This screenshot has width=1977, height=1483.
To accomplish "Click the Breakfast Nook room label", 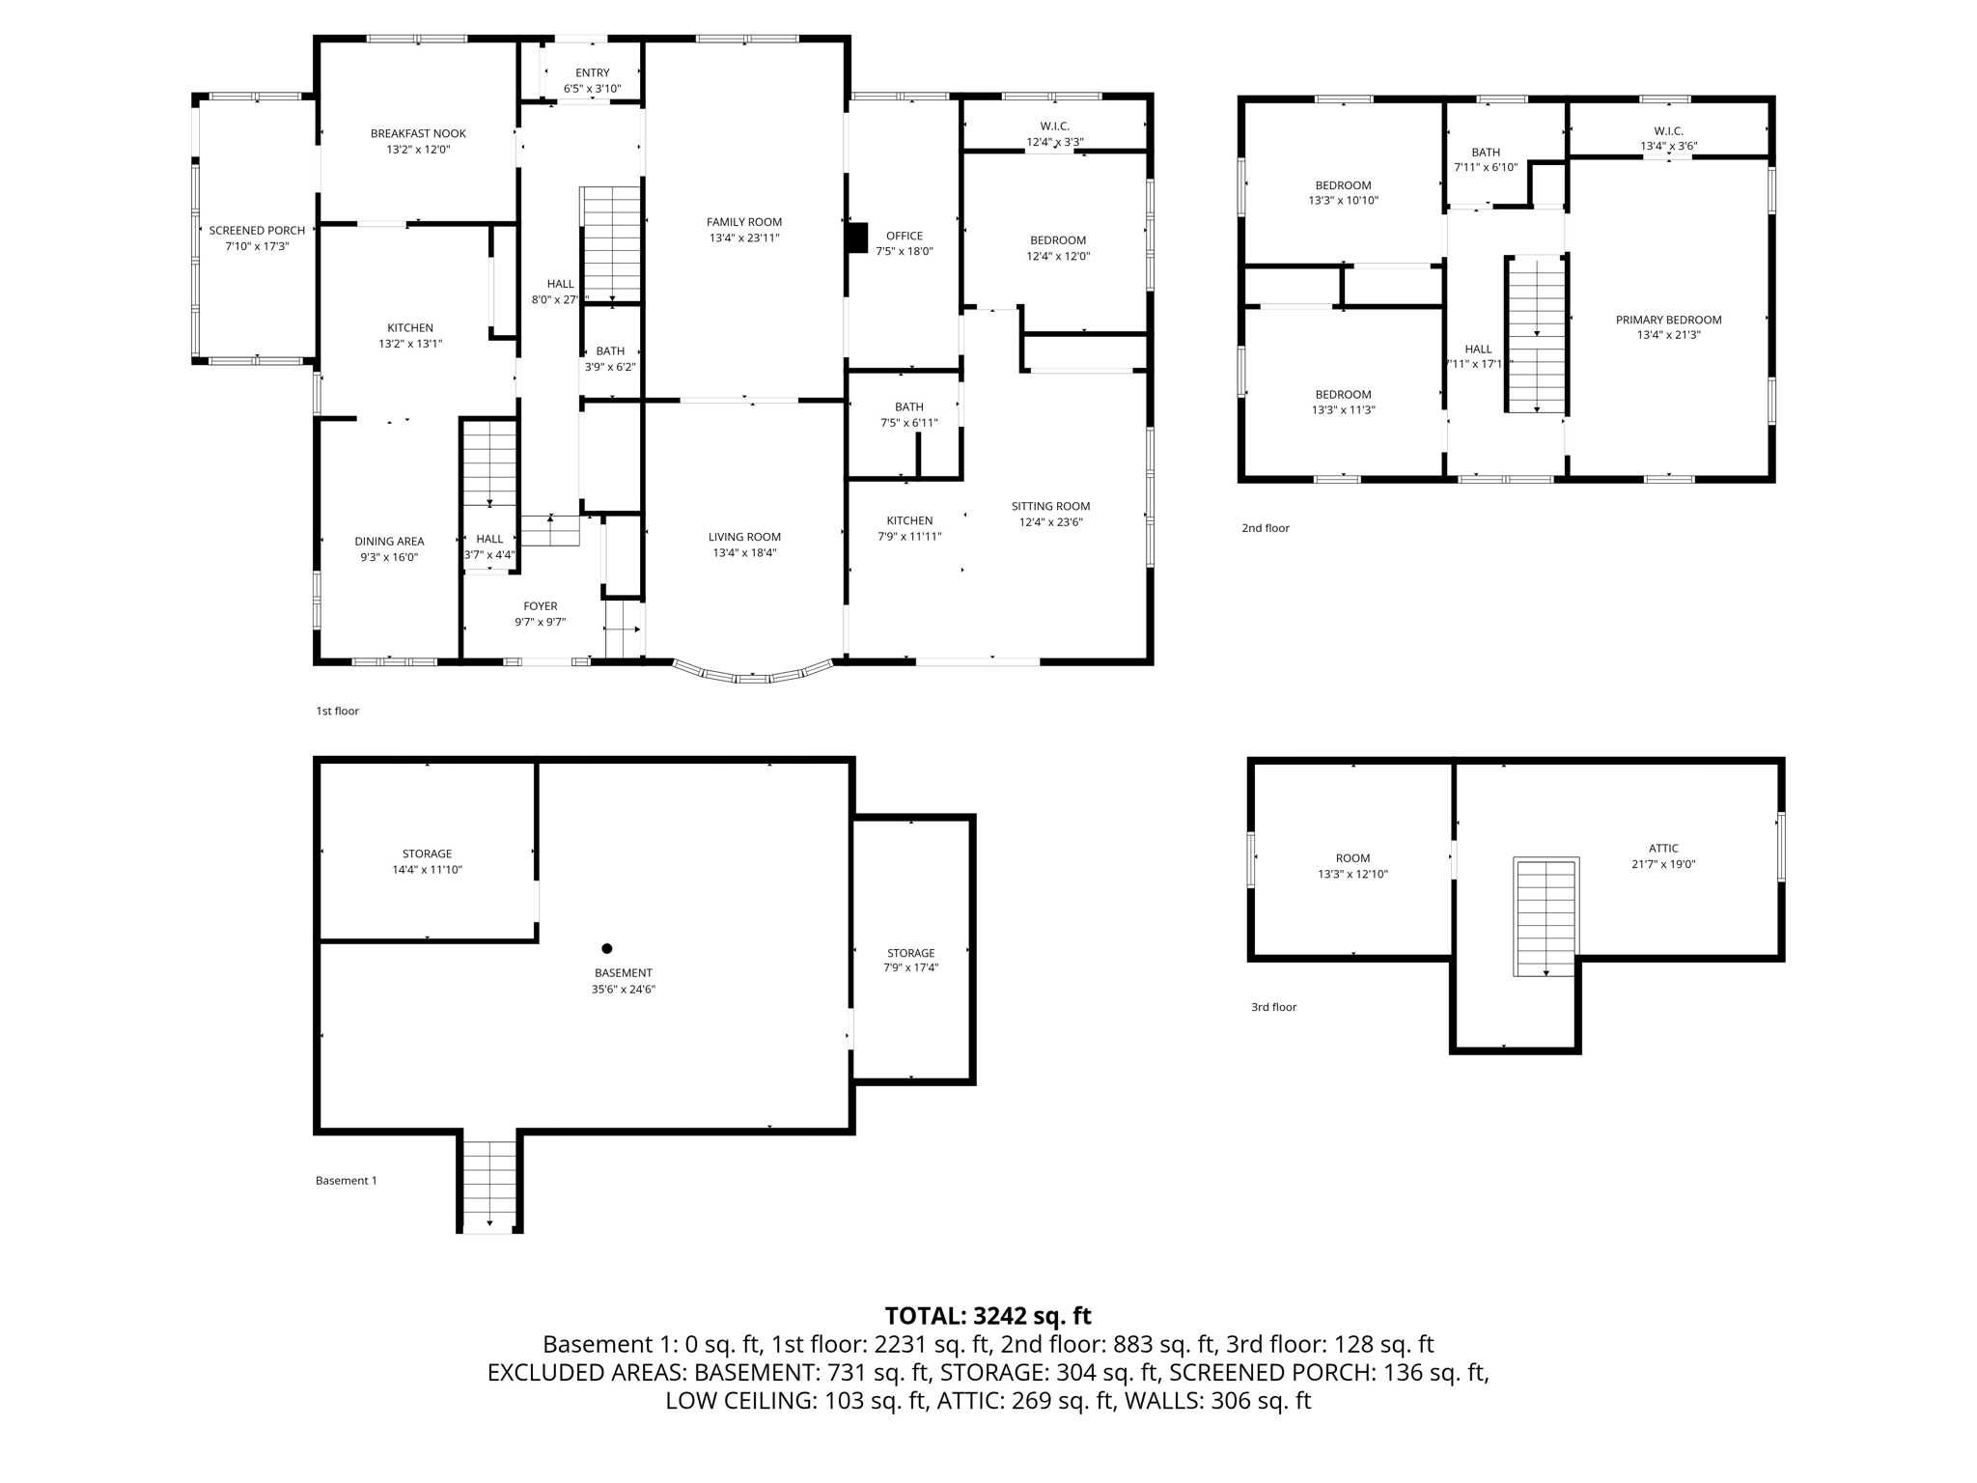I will point(418,134).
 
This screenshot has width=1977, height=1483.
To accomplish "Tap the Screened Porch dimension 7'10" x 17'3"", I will point(257,246).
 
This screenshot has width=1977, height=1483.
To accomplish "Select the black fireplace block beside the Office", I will point(856,238).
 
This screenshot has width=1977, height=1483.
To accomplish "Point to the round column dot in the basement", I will point(606,948).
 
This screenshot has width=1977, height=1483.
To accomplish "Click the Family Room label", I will point(744,222).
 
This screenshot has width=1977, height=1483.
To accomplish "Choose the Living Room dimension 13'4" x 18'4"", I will point(744,553).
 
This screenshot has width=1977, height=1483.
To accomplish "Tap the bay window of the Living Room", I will point(753,675).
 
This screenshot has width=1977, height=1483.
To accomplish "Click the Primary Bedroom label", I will point(1668,320).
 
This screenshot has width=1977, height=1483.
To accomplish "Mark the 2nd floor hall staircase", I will point(1536,334).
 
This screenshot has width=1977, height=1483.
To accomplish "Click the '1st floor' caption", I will point(337,711).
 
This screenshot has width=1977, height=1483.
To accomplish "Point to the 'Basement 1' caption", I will point(346,1180).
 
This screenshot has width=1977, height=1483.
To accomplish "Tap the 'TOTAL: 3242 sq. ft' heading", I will point(988,1315).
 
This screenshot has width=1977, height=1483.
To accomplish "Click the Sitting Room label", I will point(1050,506).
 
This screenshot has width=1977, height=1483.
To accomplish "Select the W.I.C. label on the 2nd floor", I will point(1668,130).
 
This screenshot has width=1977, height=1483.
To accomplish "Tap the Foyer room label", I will point(541,606).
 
